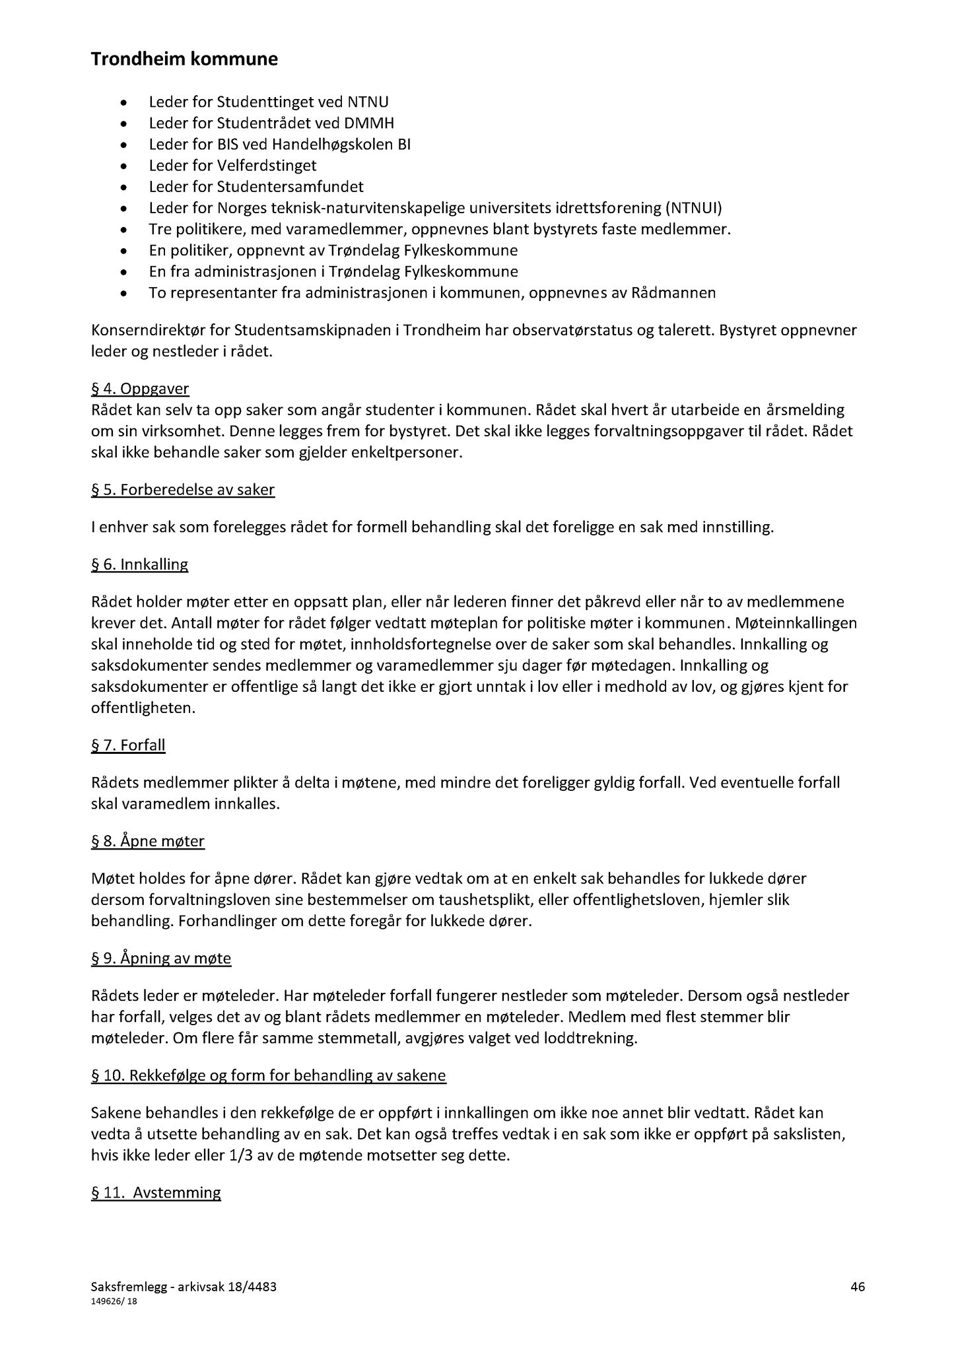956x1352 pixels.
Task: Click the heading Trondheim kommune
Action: (x=184, y=60)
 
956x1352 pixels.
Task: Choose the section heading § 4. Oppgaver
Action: (x=140, y=389)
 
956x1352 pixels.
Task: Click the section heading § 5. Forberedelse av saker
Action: (x=182, y=490)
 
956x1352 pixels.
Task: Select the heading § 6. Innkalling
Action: (x=139, y=564)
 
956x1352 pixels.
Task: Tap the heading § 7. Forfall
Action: (x=128, y=745)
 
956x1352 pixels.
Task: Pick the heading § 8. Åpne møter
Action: (x=148, y=841)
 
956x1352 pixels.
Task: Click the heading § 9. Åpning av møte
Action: (x=161, y=958)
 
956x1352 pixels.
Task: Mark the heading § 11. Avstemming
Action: (x=156, y=1192)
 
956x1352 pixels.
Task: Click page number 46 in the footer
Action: (x=858, y=1286)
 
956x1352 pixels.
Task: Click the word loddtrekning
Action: (x=590, y=1038)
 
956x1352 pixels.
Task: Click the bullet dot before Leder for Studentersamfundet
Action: (x=124, y=187)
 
